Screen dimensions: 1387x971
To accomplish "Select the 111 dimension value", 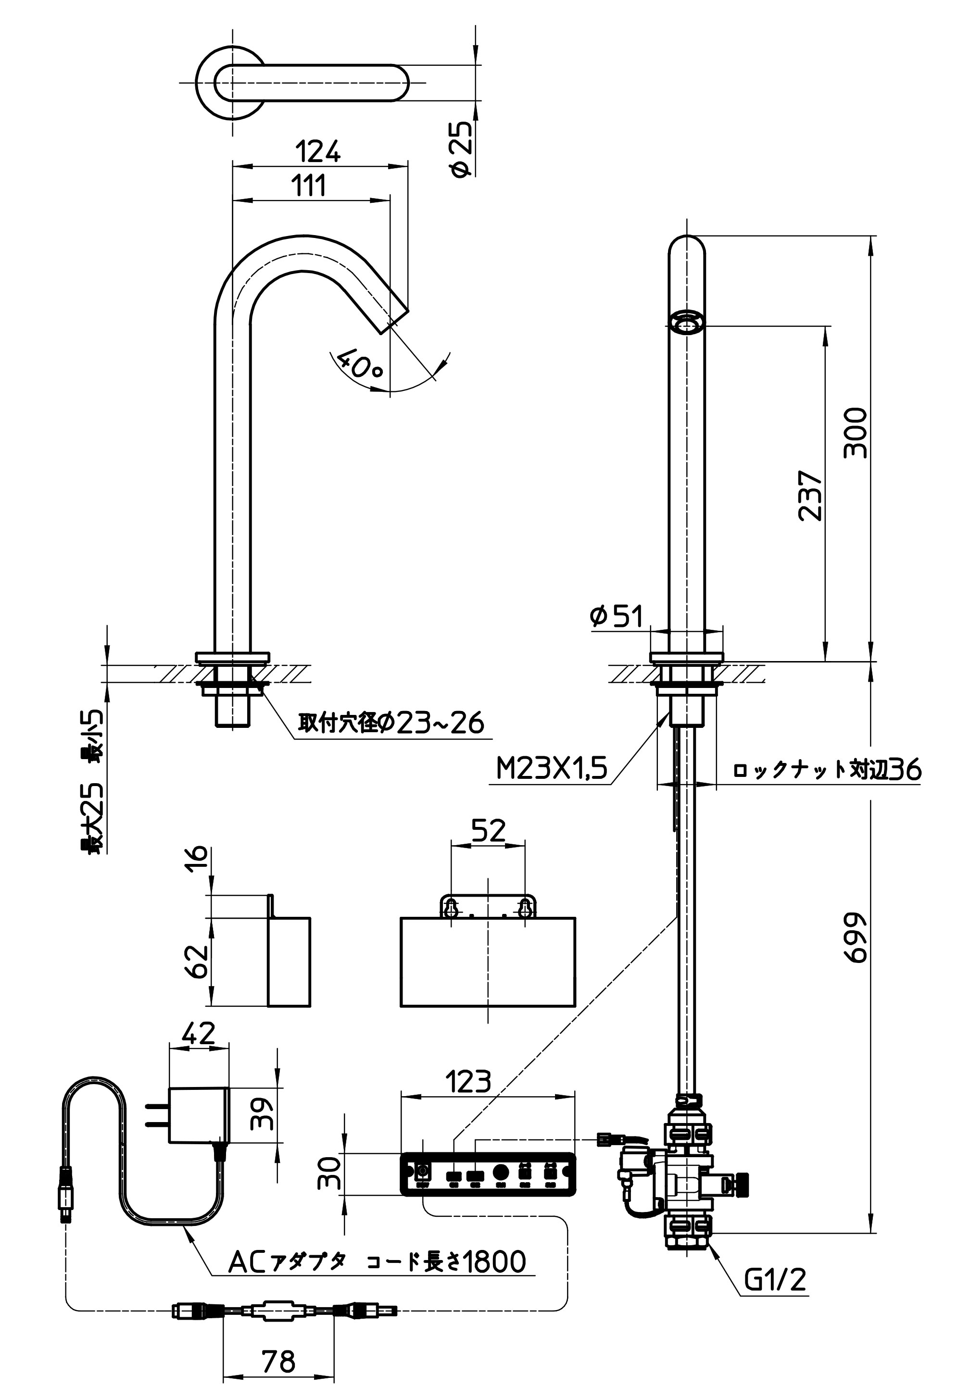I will click(309, 186).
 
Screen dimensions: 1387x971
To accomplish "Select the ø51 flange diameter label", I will click(617, 616).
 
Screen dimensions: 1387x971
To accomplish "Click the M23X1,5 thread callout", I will click(551, 769).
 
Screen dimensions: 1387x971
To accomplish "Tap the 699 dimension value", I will click(856, 937).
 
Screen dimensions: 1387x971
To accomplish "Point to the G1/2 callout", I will click(775, 1279).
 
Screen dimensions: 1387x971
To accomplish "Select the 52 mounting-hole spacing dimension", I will click(488, 831).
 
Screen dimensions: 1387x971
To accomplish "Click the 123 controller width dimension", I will click(468, 1081).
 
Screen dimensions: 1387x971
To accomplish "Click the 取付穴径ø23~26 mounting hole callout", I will click(391, 723).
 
